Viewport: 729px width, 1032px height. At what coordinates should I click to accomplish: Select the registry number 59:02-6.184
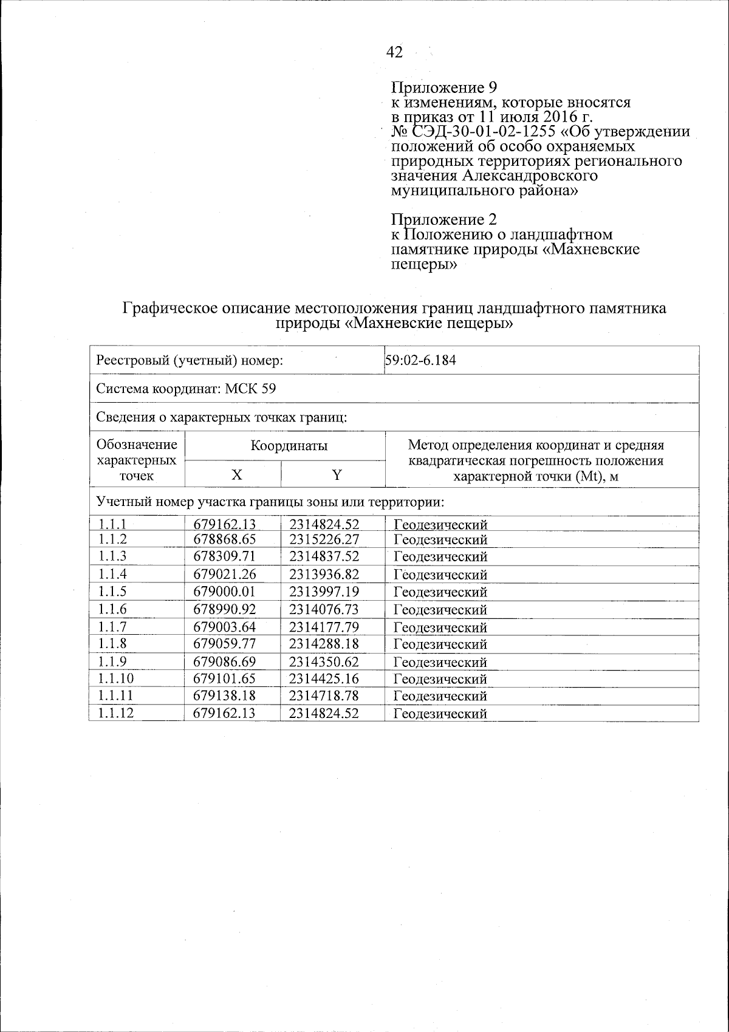coord(420,360)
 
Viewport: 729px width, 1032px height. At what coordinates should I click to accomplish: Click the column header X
coord(233,475)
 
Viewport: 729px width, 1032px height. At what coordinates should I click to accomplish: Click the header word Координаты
coord(289,446)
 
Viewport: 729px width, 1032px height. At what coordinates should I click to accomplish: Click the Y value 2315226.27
coord(324,539)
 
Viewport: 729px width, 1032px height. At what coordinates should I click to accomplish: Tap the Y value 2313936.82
coord(324,574)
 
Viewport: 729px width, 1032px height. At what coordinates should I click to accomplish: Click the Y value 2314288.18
coord(324,644)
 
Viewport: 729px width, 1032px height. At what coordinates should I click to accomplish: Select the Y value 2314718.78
coord(324,695)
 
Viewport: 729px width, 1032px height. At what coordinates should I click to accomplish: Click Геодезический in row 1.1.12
coord(440,714)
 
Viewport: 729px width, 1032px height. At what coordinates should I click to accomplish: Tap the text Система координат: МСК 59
coord(186,389)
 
